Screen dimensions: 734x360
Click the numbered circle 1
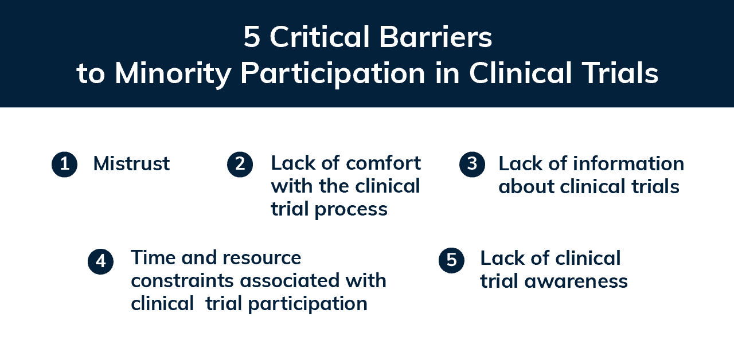(x=65, y=164)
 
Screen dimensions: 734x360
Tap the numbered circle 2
(x=240, y=164)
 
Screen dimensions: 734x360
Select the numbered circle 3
(x=472, y=164)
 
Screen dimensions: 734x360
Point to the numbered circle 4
(x=100, y=261)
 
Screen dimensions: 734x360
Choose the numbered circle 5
(x=451, y=260)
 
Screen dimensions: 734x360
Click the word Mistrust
(x=131, y=163)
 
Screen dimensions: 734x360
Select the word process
(x=351, y=210)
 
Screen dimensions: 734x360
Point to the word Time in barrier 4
(x=153, y=257)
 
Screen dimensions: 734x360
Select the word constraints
(x=182, y=281)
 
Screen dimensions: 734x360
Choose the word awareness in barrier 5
(x=576, y=281)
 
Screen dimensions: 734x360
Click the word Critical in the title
(x=320, y=37)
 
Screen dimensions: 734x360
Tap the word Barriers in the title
(x=435, y=37)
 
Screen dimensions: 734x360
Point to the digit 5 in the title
(x=252, y=37)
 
